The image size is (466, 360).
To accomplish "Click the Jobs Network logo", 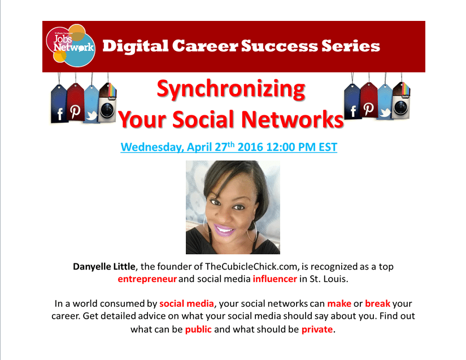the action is point(71,45).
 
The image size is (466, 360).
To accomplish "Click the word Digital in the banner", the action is point(135,46).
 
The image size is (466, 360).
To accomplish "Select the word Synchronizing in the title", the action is point(231,89).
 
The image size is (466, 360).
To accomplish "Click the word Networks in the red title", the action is point(293,119).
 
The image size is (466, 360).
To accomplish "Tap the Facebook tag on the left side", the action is point(59,104).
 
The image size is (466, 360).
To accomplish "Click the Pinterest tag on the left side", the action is point(76,102).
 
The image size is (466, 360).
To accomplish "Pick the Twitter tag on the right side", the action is point(385,102).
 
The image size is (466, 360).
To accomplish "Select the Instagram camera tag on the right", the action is point(401,101).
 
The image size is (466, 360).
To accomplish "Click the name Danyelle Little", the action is point(104,267).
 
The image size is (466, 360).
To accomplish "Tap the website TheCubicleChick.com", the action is point(251,267).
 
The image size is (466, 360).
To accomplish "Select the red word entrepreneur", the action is point(147,279).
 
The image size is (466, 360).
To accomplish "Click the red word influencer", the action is point(275,279).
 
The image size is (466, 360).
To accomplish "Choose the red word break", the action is point(377,303).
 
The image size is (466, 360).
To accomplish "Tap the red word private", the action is point(317,329).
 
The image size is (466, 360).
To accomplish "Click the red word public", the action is point(198,329).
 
